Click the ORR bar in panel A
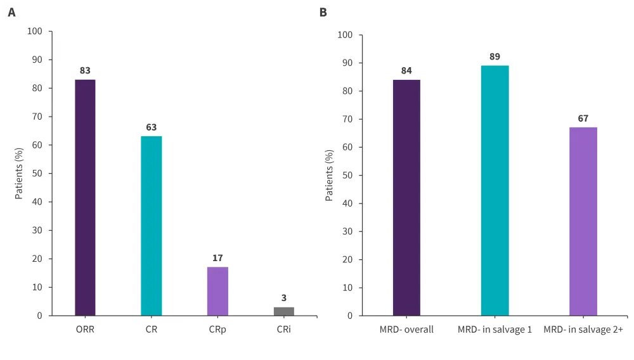[x=85, y=197]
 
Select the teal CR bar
[x=152, y=226]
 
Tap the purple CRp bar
[x=217, y=291]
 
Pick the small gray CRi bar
[x=284, y=311]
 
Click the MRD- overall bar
[x=406, y=197]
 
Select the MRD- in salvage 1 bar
[x=495, y=190]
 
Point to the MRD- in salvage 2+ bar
[x=583, y=221]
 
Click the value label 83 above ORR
[x=85, y=70]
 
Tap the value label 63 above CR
[x=152, y=127]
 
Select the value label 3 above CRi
[x=284, y=298]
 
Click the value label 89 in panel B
[x=495, y=56]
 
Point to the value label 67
[x=583, y=118]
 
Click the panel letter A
[x=11, y=12]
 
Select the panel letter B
[x=323, y=12]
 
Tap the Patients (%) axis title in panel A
[x=19, y=173]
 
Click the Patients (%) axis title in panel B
[x=329, y=176]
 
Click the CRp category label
[x=217, y=330]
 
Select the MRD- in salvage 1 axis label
[x=495, y=330]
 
